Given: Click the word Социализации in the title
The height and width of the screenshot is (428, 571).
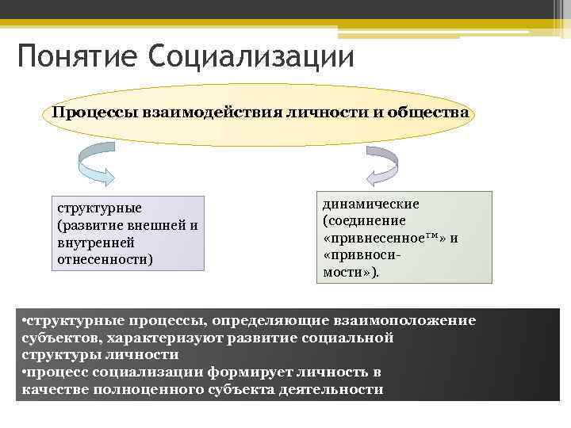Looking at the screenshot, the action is pyautogui.click(x=250, y=56).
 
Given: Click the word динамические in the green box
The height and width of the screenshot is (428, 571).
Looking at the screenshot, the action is pyautogui.click(x=370, y=204).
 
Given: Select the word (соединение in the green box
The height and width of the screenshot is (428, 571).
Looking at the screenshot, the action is pyautogui.click(x=364, y=220).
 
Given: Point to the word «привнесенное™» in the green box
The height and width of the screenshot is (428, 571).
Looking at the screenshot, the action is pyautogui.click(x=384, y=238).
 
